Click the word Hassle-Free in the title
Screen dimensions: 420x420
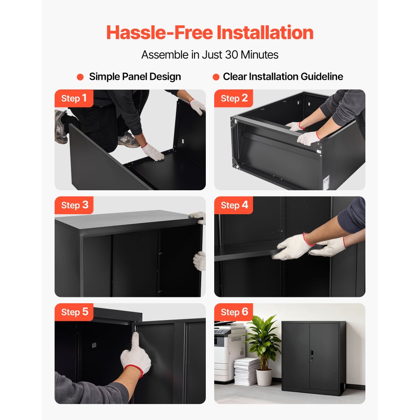coord(160,33)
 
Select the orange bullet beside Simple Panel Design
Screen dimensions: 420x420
coord(80,77)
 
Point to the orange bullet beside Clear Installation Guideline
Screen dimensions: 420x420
coord(216,77)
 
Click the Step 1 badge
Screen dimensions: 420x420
coord(74,98)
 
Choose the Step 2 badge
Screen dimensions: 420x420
coord(234,98)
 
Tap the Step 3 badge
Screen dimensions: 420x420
coord(74,205)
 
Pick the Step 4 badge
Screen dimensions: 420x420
coord(234,205)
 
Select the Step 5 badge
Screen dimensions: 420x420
coord(74,312)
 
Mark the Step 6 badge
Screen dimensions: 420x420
coord(234,312)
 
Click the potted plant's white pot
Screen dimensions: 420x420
coord(264,378)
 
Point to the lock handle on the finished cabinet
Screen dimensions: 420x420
coord(312,355)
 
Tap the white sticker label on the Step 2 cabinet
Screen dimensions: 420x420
coord(326,182)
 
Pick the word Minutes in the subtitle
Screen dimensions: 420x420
coord(260,55)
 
